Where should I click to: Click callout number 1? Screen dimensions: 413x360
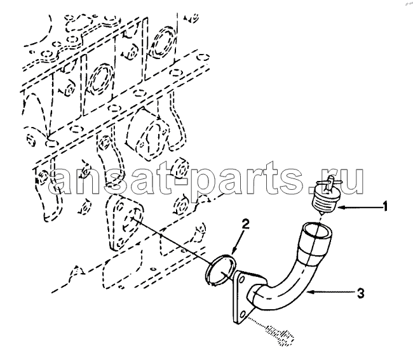(385, 206)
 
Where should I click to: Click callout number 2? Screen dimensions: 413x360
(245, 225)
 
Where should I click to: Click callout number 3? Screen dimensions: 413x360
(361, 293)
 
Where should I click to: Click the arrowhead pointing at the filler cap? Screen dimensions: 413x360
(340, 208)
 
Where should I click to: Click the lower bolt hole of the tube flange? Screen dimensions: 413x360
(242, 314)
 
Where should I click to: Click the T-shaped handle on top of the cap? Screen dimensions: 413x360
(330, 182)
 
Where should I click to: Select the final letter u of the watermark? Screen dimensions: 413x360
(351, 180)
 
